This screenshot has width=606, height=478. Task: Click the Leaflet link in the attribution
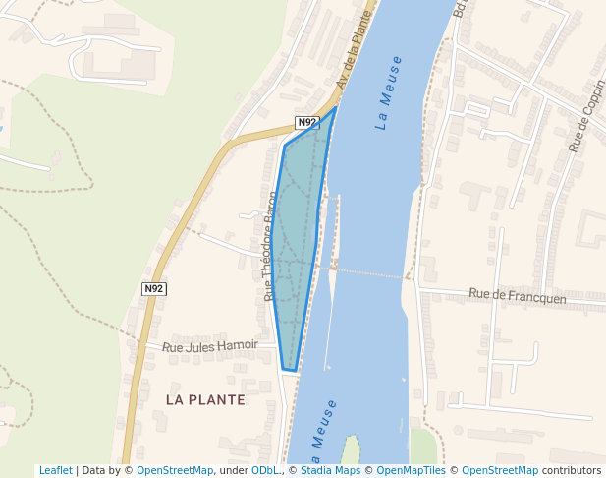click(x=55, y=471)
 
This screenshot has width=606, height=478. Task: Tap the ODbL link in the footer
click(x=264, y=471)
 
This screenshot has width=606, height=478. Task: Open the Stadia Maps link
click(x=330, y=471)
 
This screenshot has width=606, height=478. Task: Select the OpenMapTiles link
click(x=412, y=471)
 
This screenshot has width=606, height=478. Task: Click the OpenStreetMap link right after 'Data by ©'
click(x=175, y=471)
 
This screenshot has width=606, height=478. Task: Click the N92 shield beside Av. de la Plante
click(x=307, y=123)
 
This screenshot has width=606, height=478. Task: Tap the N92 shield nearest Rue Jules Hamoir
click(x=153, y=288)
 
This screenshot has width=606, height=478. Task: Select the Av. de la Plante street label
click(x=357, y=49)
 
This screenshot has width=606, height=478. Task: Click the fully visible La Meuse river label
click(x=390, y=94)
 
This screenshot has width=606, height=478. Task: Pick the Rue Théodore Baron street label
click(x=270, y=246)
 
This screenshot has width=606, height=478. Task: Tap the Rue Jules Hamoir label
click(x=210, y=346)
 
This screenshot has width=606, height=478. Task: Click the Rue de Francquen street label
click(x=517, y=295)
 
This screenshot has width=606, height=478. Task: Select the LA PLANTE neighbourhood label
click(x=205, y=399)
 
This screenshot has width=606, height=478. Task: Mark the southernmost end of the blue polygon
click(x=290, y=371)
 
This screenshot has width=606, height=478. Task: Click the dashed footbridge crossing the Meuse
click(x=368, y=272)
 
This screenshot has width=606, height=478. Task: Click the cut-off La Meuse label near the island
click(x=323, y=433)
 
